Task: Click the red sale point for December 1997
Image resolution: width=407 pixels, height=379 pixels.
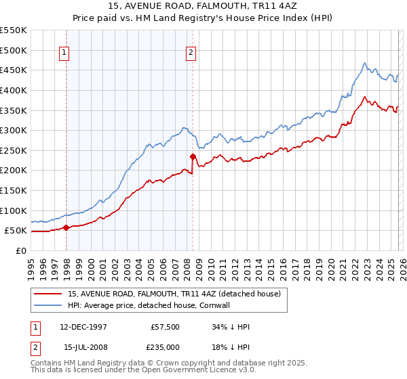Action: click(66, 227)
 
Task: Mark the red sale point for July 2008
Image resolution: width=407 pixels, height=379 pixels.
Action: click(193, 156)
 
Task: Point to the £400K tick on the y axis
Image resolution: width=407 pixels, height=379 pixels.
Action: click(14, 90)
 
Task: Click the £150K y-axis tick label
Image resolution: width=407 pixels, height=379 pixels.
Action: click(14, 190)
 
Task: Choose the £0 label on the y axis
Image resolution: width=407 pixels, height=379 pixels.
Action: click(20, 250)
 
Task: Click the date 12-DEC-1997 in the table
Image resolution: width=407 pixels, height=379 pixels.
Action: click(79, 327)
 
